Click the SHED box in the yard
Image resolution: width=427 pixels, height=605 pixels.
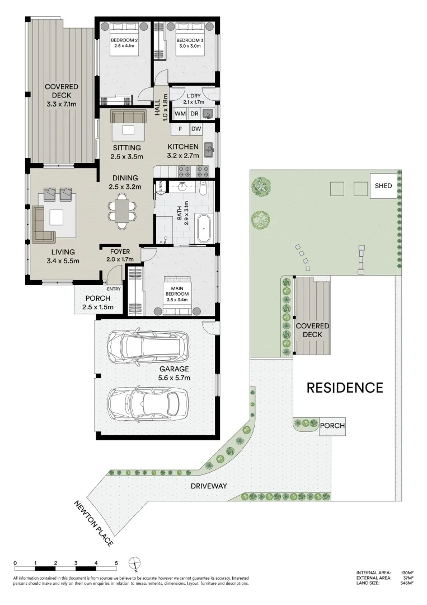(x=383, y=186)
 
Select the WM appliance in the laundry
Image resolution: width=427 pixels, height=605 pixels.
(x=180, y=114)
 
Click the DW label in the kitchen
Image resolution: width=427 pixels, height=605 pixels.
(x=196, y=129)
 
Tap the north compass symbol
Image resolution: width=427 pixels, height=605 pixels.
(x=135, y=563)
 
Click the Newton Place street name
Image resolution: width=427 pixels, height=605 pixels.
(x=94, y=523)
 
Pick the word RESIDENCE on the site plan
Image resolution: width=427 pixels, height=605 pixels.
(x=344, y=388)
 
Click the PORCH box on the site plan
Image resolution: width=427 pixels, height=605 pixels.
(x=332, y=426)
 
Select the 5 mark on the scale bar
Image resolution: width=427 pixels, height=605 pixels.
(x=116, y=563)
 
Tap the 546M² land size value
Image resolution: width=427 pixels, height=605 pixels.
(x=407, y=583)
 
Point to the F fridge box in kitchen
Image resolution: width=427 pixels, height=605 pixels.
(x=180, y=129)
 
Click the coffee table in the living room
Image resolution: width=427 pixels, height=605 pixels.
(x=57, y=217)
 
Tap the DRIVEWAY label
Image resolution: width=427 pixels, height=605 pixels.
(x=209, y=486)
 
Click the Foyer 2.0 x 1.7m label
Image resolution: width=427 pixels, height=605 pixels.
(x=120, y=255)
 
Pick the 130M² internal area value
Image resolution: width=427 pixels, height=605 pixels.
(x=407, y=573)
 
